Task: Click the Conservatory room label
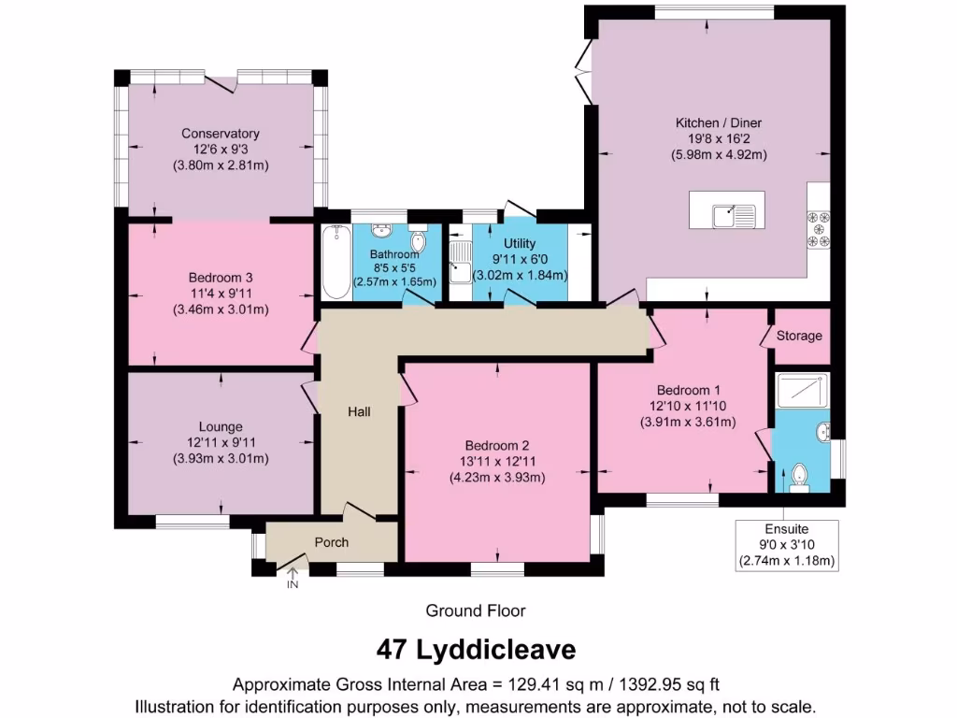[x=221, y=134]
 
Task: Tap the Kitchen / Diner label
[x=719, y=122]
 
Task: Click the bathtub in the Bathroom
[x=335, y=262]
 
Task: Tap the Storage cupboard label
[x=799, y=336]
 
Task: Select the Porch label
[x=332, y=542]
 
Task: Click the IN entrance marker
[x=293, y=585]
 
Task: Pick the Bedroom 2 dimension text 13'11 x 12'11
[x=496, y=461]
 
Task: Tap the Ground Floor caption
[x=476, y=610]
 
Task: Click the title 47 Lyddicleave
[x=477, y=648]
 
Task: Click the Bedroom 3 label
[x=221, y=278]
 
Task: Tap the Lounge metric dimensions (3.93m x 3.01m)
[x=221, y=459]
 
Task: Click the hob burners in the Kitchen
[x=819, y=231]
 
